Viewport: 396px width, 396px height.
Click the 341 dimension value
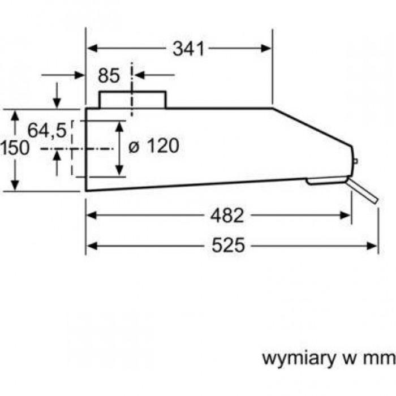[187, 49]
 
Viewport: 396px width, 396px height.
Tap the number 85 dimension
[109, 75]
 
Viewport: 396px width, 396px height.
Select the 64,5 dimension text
[47, 131]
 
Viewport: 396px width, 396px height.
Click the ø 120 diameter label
[153, 146]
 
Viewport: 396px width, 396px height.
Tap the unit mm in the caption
[382, 358]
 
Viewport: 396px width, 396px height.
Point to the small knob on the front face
[356, 162]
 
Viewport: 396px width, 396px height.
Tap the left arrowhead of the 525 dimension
[91, 245]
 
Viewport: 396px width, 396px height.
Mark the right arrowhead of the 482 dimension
[348, 215]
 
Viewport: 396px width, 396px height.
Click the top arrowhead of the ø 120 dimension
[119, 124]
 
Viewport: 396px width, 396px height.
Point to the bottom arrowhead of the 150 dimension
[15, 187]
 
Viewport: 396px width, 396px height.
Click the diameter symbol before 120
[134, 147]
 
